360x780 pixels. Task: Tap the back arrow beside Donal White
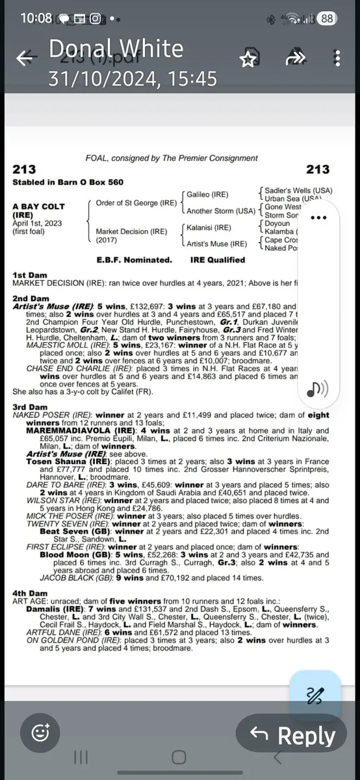[25, 58]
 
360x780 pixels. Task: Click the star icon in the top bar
[248, 59]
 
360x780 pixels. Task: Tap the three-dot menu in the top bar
[337, 58]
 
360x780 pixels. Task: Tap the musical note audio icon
[317, 389]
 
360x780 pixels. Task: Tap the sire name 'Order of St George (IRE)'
[136, 203]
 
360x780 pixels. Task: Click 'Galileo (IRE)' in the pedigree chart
[207, 194]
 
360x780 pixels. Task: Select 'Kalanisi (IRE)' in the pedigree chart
[209, 228]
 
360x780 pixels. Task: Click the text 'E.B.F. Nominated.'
[135, 260]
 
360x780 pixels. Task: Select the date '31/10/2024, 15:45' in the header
[133, 79]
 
